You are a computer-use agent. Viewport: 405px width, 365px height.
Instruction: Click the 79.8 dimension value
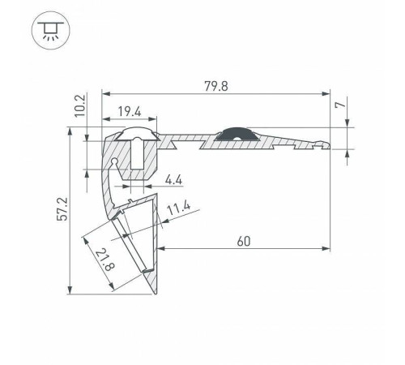point(216,86)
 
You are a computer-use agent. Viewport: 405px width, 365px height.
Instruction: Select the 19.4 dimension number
point(130,111)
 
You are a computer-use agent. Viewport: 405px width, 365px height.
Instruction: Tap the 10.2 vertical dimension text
point(80,105)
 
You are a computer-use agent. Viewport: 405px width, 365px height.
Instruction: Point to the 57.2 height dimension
point(62,209)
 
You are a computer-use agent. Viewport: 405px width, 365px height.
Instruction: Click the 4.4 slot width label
point(173,179)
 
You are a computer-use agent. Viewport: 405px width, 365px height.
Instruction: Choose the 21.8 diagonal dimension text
point(104,260)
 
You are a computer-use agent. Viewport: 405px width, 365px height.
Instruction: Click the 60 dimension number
point(244,241)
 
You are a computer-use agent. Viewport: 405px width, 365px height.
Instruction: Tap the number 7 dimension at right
point(341,105)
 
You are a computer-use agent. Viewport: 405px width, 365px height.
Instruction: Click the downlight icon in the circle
point(51,30)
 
